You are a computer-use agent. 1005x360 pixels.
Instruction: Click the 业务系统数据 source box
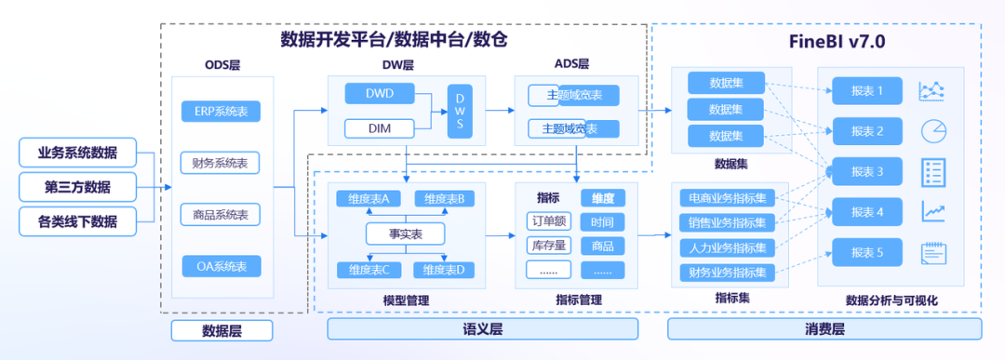(77, 153)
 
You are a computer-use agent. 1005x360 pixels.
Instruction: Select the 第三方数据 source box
(77, 187)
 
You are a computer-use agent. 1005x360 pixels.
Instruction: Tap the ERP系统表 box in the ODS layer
(221, 112)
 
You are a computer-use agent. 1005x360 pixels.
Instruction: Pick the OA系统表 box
(221, 267)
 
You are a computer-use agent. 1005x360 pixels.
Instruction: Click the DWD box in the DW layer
(379, 94)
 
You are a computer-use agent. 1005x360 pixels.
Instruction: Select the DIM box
(379, 128)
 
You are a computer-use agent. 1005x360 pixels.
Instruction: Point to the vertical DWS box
(460, 111)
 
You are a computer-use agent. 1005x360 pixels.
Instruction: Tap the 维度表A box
(368, 198)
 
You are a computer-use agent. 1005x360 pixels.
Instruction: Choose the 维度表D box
(444, 270)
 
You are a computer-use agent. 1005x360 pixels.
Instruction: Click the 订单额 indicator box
(548, 222)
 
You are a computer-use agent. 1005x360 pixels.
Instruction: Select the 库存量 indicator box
(548, 246)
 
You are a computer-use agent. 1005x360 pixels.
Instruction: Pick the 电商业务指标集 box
(728, 198)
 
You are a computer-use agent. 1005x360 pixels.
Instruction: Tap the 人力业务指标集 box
(728, 248)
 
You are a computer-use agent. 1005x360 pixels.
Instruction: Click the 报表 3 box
(866, 172)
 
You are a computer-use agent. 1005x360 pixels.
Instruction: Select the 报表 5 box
(866, 252)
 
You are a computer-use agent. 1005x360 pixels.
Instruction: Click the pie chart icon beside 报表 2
(932, 131)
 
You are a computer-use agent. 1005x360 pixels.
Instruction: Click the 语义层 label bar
(482, 329)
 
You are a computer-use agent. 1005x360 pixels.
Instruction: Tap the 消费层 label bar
(824, 329)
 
